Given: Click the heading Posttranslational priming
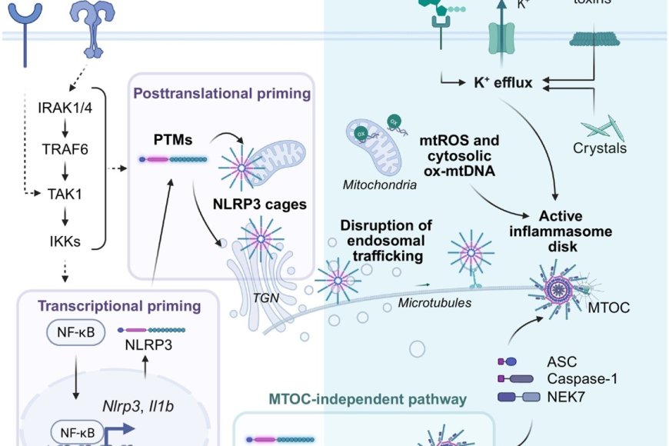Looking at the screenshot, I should (x=221, y=94).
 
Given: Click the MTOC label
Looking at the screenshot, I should (x=609, y=308).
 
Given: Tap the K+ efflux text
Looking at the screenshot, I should (x=503, y=82).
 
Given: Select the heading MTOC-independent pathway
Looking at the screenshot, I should (x=368, y=400).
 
